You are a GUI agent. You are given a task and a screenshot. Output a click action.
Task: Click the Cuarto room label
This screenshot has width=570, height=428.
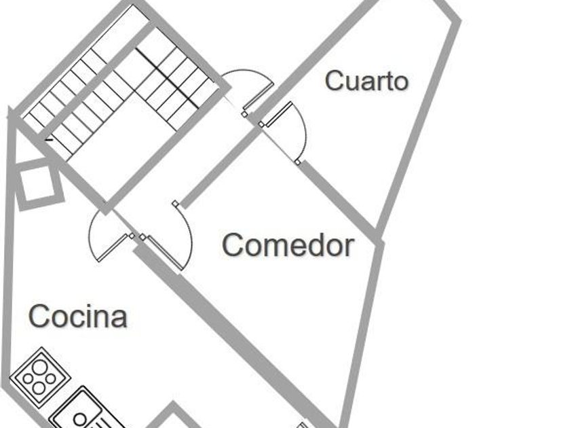366,80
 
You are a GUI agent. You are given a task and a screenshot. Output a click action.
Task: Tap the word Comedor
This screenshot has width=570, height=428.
288,245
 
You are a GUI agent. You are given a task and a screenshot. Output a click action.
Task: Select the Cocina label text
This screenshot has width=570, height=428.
78,317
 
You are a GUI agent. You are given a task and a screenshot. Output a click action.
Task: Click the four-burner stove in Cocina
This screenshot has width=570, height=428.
40,376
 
